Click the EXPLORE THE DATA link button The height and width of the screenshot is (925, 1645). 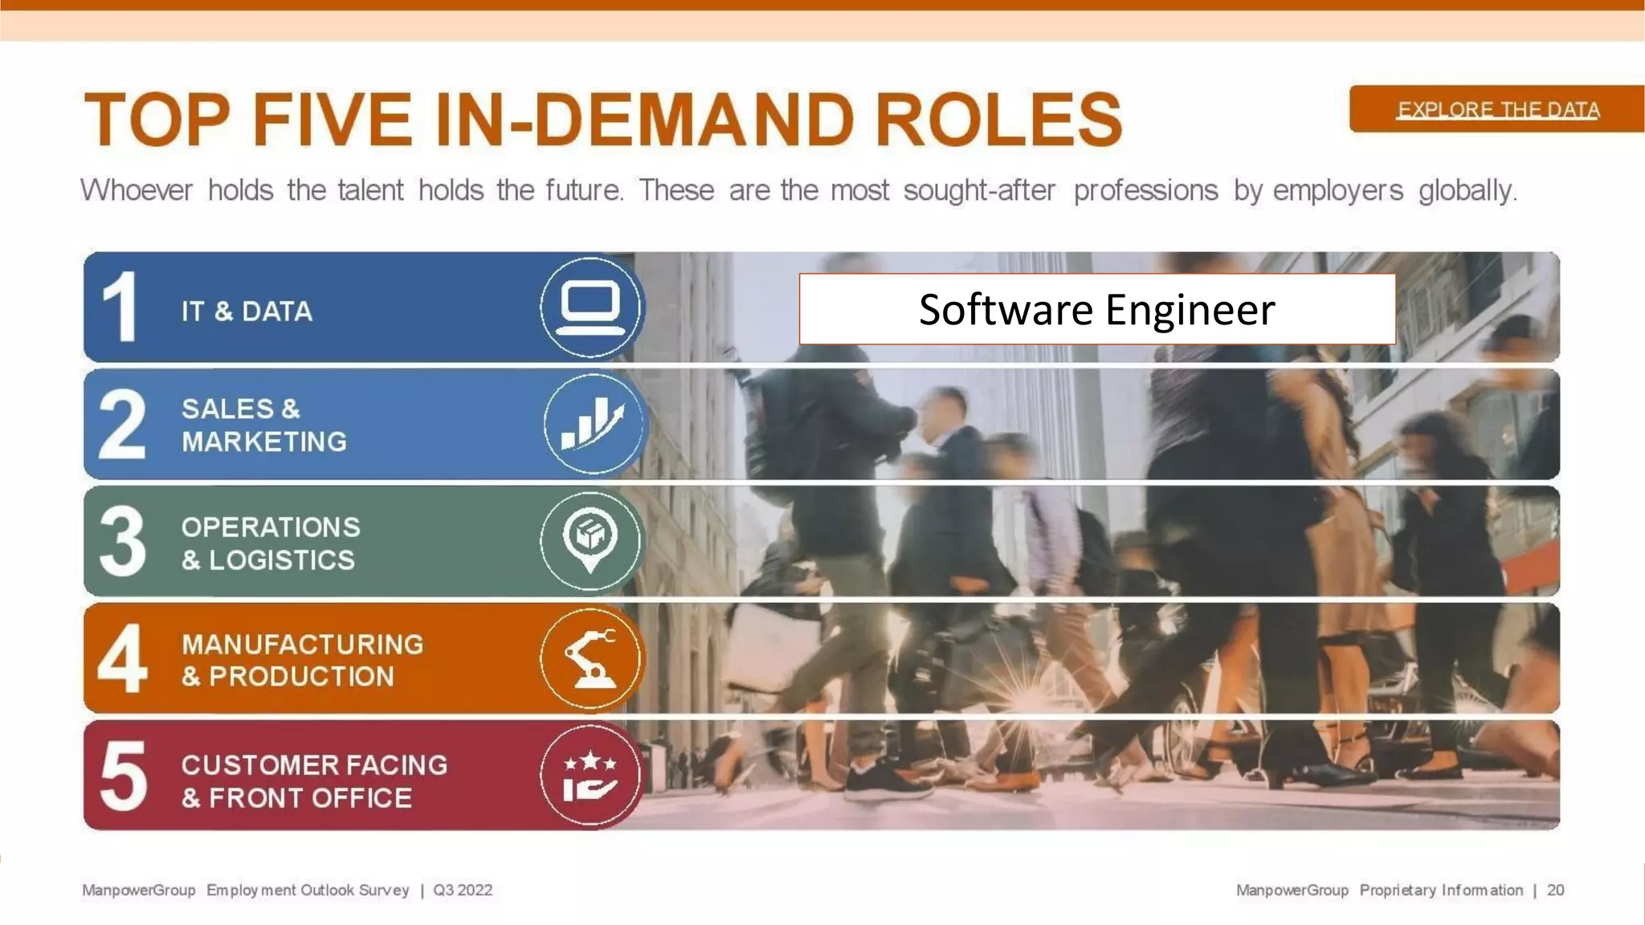click(1498, 109)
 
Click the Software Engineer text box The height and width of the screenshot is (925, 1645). click(1096, 309)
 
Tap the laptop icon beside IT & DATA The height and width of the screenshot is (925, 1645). click(590, 308)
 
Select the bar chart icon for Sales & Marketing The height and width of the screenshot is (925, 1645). click(592, 424)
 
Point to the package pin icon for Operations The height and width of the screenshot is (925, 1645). click(590, 540)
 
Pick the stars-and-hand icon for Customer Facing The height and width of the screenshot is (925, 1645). click(590, 776)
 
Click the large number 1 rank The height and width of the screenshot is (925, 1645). click(120, 308)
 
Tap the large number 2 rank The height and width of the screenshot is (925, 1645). click(122, 424)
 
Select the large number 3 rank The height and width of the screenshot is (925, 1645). click(122, 541)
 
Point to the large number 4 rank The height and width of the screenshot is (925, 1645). click(122, 658)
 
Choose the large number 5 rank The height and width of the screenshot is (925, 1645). click(123, 776)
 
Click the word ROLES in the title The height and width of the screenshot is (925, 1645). click(998, 120)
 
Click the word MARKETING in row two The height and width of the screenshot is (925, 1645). click(264, 442)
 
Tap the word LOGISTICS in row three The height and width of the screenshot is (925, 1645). click(282, 560)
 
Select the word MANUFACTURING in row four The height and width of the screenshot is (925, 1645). click(302, 644)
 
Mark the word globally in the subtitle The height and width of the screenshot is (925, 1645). click(1467, 191)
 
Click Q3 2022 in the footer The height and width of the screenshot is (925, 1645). click(463, 890)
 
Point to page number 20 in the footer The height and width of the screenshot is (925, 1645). click(1555, 890)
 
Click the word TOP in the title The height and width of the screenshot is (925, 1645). click(157, 120)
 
